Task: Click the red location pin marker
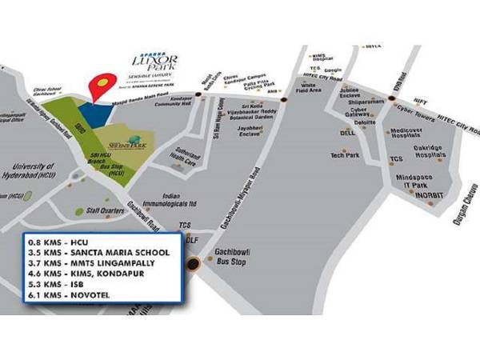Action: [101, 86]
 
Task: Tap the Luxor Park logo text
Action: [158, 62]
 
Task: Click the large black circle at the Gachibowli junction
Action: [193, 264]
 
